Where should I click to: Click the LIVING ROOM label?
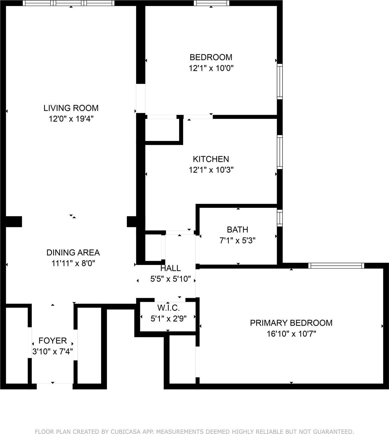(71, 108)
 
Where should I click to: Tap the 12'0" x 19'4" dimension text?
(71, 119)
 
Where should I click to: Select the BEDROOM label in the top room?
(211, 57)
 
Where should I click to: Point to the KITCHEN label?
(211, 159)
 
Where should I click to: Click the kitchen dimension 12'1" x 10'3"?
(211, 170)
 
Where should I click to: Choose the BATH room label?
(238, 229)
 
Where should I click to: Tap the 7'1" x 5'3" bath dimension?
(238, 240)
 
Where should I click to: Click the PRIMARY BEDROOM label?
(291, 323)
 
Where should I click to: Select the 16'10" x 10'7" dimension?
(291, 334)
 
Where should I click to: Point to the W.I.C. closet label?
(168, 308)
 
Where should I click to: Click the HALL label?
(170, 268)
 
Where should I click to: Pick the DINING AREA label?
(73, 252)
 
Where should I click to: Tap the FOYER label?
(53, 341)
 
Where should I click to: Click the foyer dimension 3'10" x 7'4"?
(53, 352)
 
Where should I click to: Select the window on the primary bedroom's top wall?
(336, 266)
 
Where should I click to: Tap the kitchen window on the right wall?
(280, 152)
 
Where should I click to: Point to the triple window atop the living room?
(69, 3)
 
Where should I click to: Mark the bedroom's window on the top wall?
(211, 3)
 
